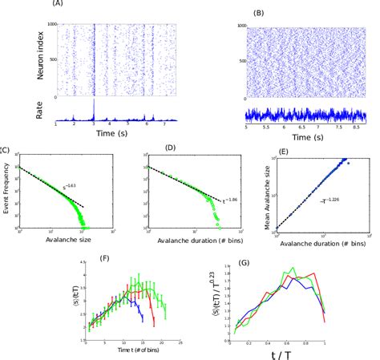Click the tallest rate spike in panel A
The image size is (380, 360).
pyautogui.click(x=94, y=104)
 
